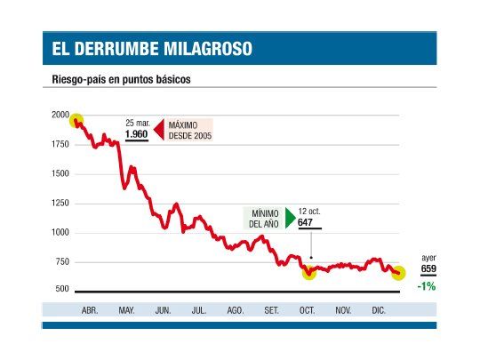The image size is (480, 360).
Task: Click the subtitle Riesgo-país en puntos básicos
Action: tap(122, 79)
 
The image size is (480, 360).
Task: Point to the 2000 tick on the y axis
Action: tap(60, 116)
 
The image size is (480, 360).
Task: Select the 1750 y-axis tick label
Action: tap(60, 144)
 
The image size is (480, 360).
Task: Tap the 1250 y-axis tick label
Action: tap(60, 204)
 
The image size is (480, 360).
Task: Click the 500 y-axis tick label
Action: tap(62, 290)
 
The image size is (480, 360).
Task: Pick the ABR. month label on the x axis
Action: tap(90, 310)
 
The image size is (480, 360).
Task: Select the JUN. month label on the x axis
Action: tap(163, 310)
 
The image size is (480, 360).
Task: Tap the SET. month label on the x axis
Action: tap(271, 310)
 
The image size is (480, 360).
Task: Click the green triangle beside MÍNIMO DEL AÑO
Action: tap(290, 219)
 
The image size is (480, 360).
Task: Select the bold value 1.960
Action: tap(136, 134)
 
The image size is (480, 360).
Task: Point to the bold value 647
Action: tap(306, 223)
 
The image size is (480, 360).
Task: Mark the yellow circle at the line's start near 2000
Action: tap(76, 121)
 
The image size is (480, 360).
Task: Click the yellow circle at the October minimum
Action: tap(308, 272)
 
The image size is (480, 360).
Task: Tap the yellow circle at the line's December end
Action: tap(398, 273)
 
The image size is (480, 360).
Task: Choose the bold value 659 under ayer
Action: tap(428, 268)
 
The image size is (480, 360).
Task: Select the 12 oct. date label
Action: tap(309, 212)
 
